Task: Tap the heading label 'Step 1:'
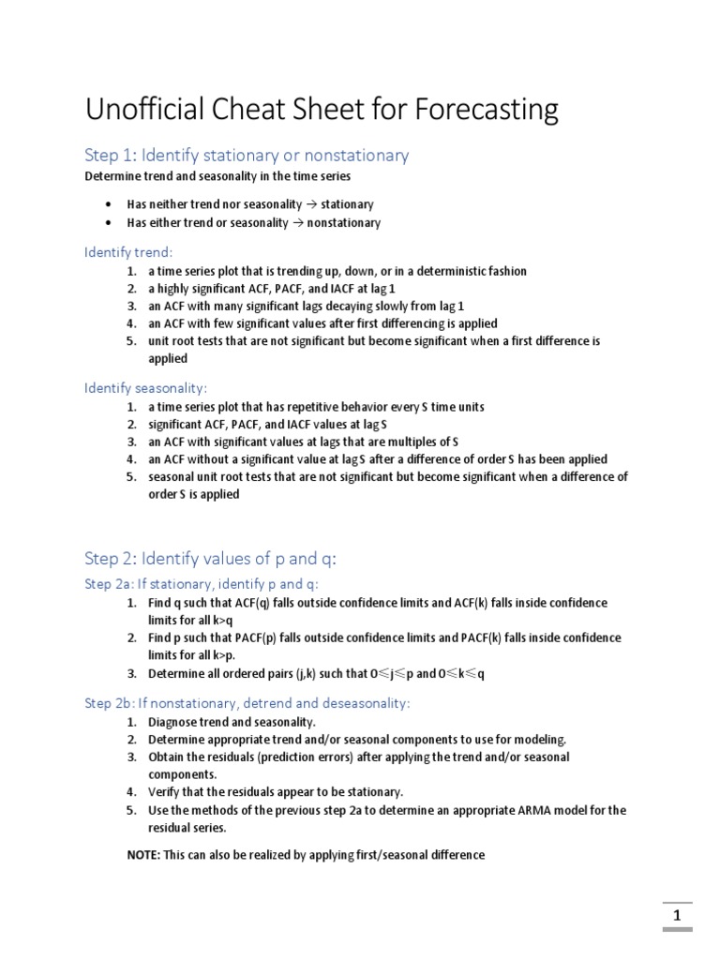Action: click(x=110, y=156)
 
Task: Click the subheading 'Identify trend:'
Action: click(x=128, y=252)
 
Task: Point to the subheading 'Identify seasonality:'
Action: click(x=145, y=387)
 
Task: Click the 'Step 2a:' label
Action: click(x=111, y=584)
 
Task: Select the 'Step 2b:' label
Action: click(x=111, y=702)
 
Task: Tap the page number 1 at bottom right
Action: click(x=677, y=915)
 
